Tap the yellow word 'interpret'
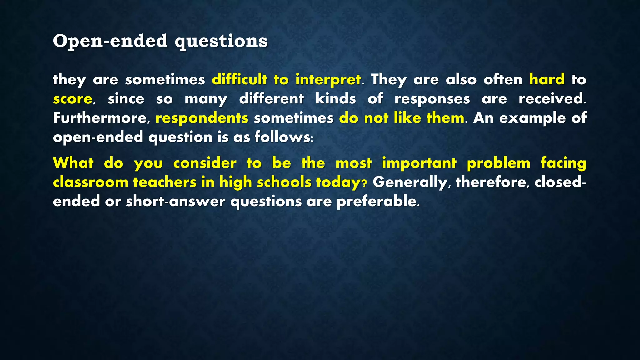[x=328, y=80]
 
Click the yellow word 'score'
[x=72, y=99]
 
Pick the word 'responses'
[x=432, y=99]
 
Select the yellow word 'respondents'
[x=202, y=118]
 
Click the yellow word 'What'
[x=73, y=163]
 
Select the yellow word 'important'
[x=419, y=163]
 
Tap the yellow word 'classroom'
[x=91, y=182]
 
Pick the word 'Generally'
[x=410, y=182]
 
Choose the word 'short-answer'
[x=175, y=202]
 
